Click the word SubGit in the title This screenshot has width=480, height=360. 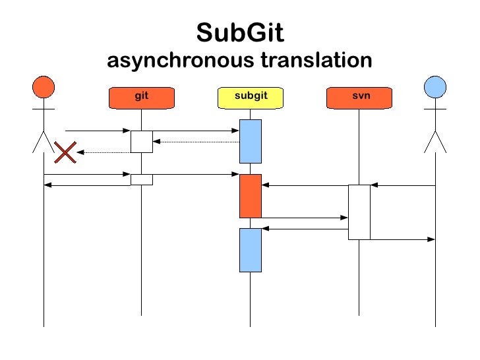[x=240, y=32]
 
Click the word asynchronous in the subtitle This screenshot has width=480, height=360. [x=180, y=61]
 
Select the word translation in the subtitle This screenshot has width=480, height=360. [x=316, y=61]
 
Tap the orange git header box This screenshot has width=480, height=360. [x=141, y=98]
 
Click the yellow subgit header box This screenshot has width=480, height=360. [x=250, y=98]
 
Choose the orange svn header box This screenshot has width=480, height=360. [x=360, y=98]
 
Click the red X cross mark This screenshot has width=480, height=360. [x=65, y=154]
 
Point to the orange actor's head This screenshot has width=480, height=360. [x=44, y=87]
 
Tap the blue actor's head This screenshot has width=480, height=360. [x=435, y=87]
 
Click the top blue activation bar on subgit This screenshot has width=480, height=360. [x=250, y=141]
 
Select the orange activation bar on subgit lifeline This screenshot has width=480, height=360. [x=250, y=196]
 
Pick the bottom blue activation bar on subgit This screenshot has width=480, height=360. [x=250, y=250]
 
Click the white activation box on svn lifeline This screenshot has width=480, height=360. [x=359, y=212]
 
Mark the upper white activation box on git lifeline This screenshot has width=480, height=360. [x=141, y=142]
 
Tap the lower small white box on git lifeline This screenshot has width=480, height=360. [x=141, y=179]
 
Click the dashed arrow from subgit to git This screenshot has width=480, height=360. [x=196, y=142]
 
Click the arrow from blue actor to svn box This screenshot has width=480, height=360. [x=402, y=185]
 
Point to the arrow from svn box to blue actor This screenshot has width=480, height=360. [x=402, y=239]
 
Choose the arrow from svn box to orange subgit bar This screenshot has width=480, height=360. [x=305, y=185]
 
